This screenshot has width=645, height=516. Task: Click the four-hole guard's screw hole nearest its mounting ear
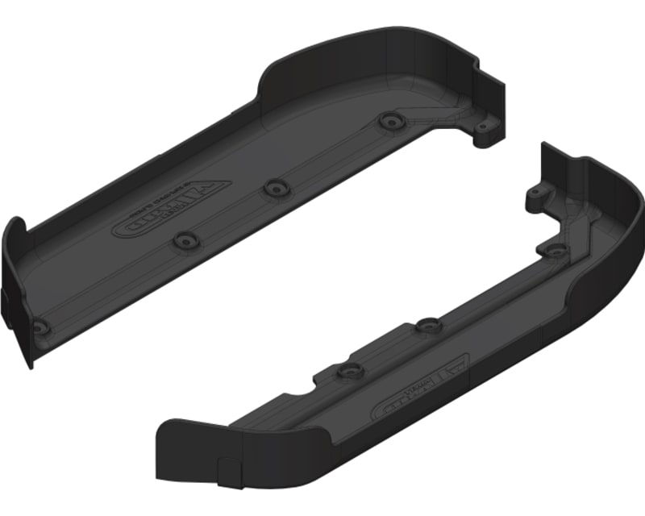click(x=392, y=120)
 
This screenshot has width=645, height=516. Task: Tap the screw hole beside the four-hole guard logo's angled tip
click(x=275, y=185)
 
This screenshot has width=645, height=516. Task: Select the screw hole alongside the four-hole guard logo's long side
click(x=185, y=240)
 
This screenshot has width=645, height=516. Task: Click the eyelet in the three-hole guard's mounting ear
click(x=535, y=195)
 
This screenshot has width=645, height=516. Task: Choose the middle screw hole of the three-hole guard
click(x=427, y=326)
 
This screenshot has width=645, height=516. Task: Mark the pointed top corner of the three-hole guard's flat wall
click(x=544, y=145)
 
